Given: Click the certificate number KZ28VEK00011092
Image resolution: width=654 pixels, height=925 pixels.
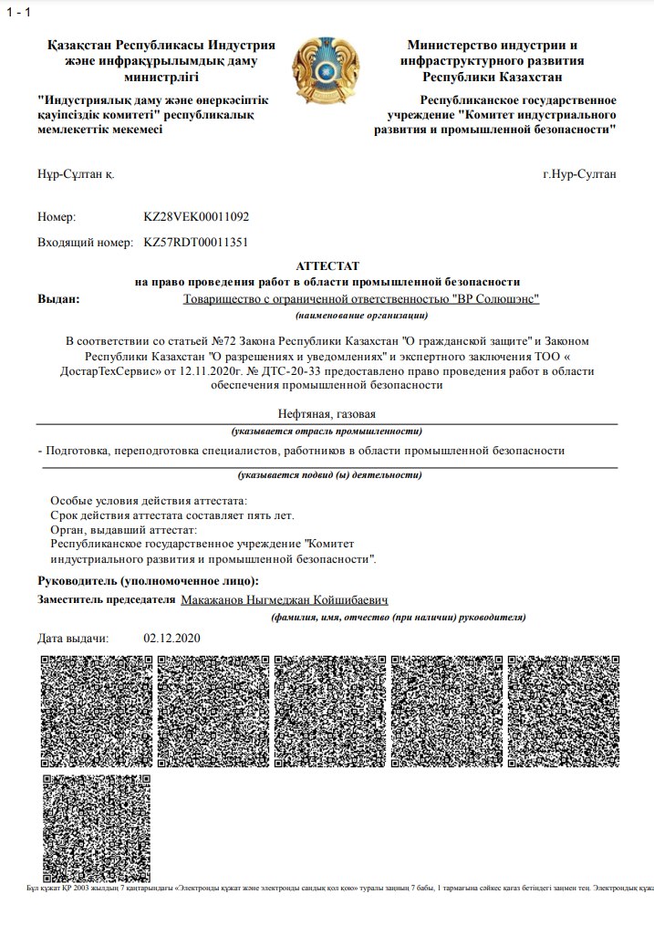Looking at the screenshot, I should [x=196, y=217].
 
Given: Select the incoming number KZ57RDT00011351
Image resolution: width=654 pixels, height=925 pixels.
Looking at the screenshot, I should [x=196, y=243].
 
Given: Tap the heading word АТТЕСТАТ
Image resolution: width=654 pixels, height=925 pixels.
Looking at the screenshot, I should [x=327, y=265].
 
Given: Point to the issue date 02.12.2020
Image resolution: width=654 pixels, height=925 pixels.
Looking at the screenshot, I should [x=171, y=638].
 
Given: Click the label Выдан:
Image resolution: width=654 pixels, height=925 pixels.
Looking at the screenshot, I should [x=58, y=298].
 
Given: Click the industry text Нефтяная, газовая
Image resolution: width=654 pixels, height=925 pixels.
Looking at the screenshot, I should [x=327, y=415].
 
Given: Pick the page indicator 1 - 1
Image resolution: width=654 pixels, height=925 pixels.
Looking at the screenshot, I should [x=18, y=11].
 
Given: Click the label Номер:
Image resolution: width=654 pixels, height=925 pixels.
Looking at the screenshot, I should [x=57, y=217].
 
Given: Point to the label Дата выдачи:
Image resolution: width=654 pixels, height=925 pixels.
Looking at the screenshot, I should [x=73, y=638].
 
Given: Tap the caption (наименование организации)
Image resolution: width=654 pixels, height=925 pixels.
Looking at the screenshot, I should [x=362, y=316].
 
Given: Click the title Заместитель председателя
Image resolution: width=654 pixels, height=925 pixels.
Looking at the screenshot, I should [x=106, y=600].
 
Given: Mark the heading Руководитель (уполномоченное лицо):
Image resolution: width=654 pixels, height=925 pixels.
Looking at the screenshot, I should [x=148, y=581].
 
